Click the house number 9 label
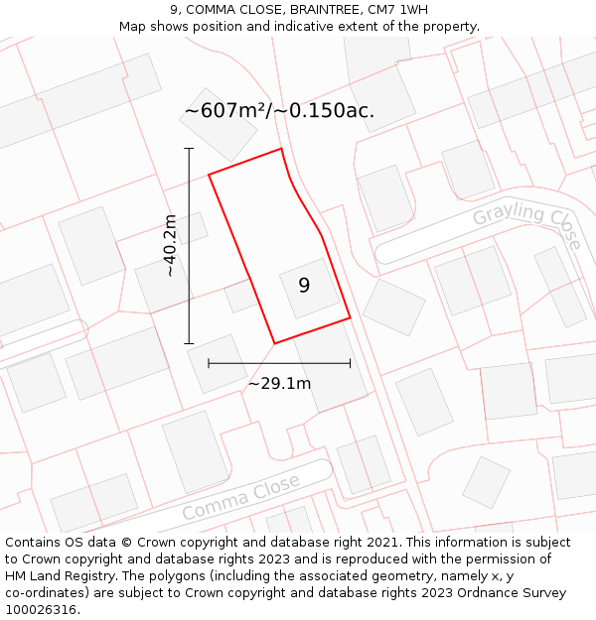tap(304, 286)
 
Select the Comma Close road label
tap(240, 498)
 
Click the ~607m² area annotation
tap(279, 110)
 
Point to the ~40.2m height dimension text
tap(170, 245)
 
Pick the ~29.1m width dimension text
tap(279, 383)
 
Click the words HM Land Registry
tap(57, 575)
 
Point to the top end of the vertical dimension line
tap(189, 149)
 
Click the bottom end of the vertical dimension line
tap(189, 343)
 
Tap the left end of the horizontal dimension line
tap(209, 363)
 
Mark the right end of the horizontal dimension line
tap(350, 363)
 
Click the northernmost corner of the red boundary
tap(281, 150)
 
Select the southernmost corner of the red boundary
tap(274, 343)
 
